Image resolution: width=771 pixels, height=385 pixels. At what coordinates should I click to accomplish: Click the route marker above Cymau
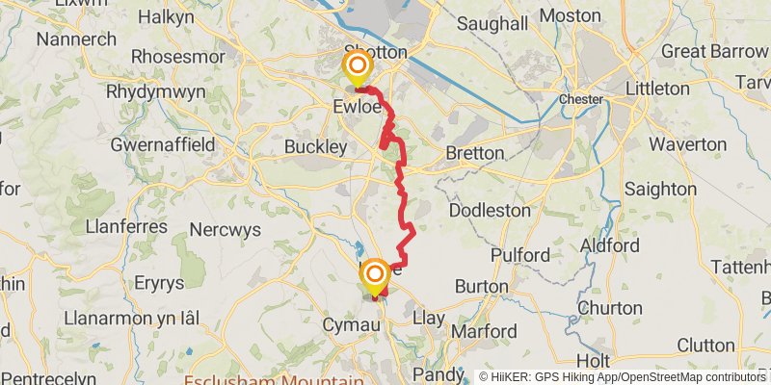tap(375, 276)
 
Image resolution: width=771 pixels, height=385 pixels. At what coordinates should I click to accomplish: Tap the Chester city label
tap(580, 99)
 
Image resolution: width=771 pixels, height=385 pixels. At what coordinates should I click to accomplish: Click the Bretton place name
tap(475, 153)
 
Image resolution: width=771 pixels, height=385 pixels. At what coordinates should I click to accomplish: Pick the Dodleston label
tap(490, 209)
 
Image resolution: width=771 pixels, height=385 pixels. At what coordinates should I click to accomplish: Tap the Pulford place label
tap(519, 256)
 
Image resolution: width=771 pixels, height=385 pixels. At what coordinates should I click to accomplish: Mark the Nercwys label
tap(226, 230)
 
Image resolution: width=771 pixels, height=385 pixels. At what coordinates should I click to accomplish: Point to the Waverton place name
tap(687, 144)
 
